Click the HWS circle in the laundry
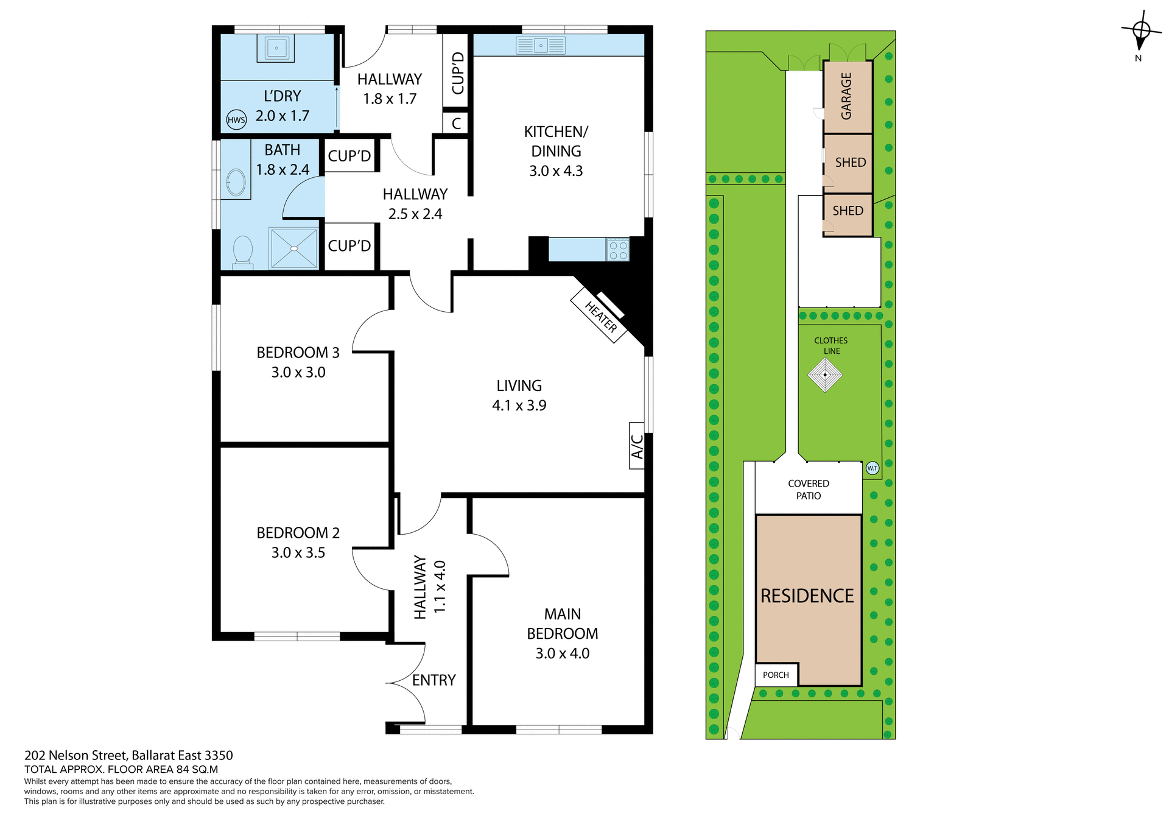236,120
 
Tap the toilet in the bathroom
243,251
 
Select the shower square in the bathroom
294,248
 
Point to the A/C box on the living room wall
636,446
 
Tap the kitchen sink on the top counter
541,46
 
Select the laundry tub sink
276,48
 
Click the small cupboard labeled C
456,124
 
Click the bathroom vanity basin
236,182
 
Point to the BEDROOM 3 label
298,353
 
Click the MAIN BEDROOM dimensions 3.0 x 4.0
562,653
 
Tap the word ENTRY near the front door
434,680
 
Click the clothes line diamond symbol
825,375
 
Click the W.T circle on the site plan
872,468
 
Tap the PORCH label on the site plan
776,675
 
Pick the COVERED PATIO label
809,490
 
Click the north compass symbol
1140,32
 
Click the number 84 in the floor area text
183,769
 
